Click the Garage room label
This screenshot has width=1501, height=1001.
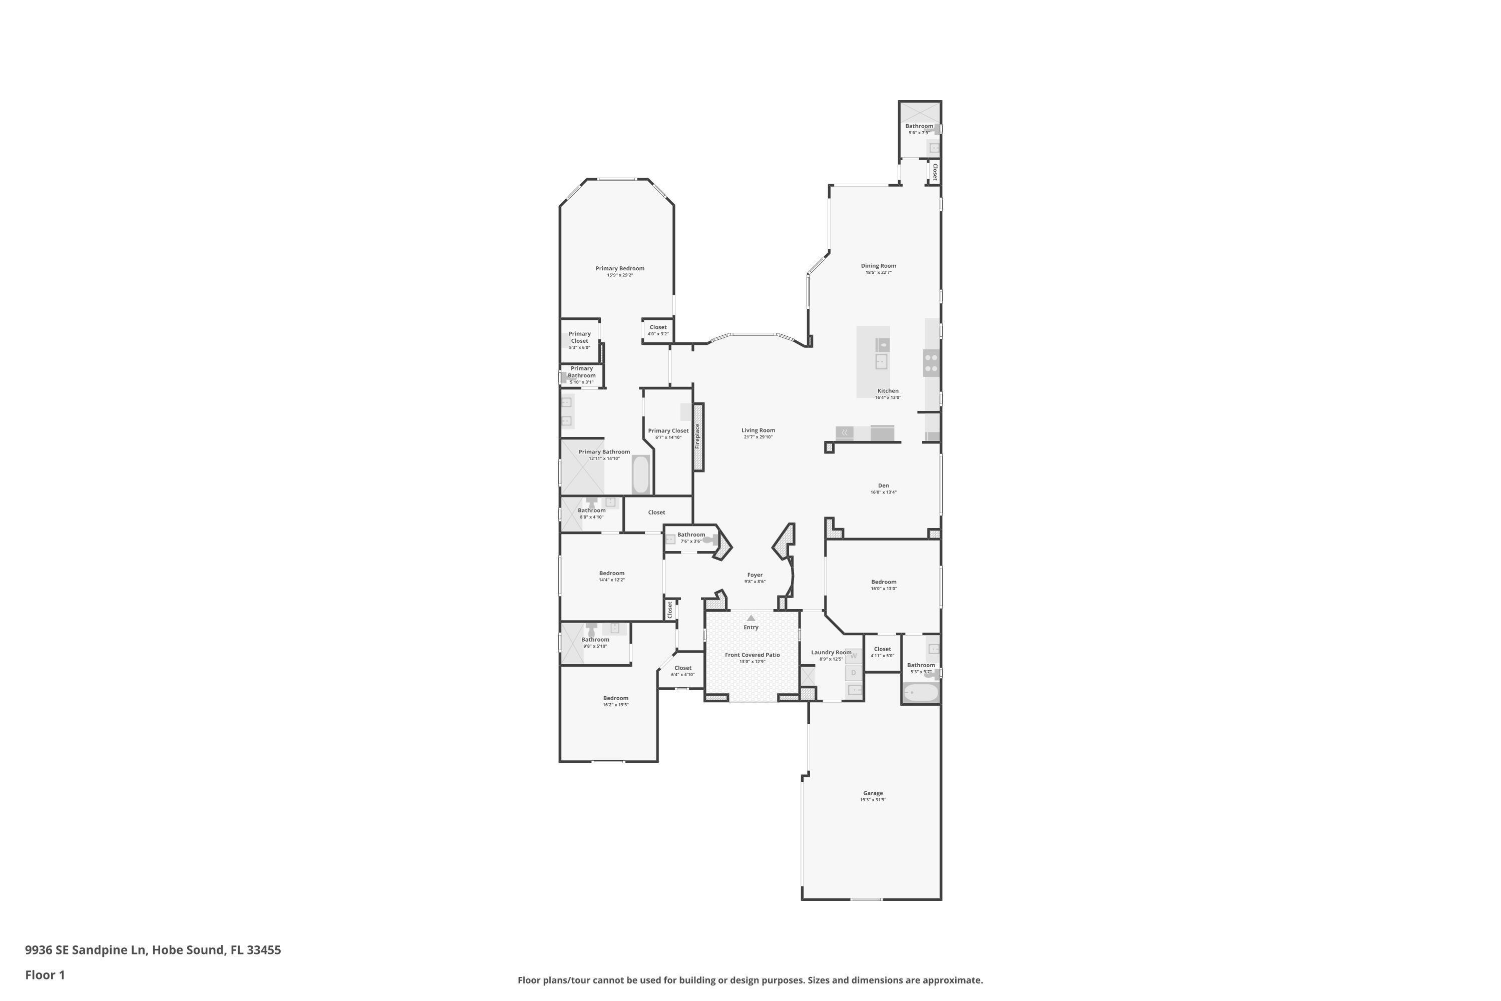pyautogui.click(x=873, y=793)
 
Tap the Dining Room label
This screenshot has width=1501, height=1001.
pyautogui.click(x=878, y=266)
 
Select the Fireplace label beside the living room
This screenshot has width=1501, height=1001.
pyautogui.click(x=697, y=436)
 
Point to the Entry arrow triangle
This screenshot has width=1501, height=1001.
pyautogui.click(x=751, y=618)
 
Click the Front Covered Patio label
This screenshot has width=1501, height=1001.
pyautogui.click(x=752, y=655)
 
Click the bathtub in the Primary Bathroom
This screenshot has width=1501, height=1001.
pyautogui.click(x=641, y=474)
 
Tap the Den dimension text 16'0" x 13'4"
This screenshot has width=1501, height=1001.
pyautogui.click(x=883, y=492)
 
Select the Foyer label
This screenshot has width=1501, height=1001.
pyautogui.click(x=755, y=575)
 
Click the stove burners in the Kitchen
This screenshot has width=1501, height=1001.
pyautogui.click(x=931, y=362)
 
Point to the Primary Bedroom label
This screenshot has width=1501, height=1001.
pyautogui.click(x=620, y=268)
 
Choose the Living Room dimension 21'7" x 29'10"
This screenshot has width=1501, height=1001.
pyautogui.click(x=758, y=437)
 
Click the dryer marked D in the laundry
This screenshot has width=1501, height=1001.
pyautogui.click(x=853, y=673)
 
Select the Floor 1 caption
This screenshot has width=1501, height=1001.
pyautogui.click(x=45, y=975)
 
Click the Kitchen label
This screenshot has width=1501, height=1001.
pyautogui.click(x=888, y=391)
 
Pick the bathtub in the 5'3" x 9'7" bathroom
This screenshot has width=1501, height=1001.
pyautogui.click(x=920, y=693)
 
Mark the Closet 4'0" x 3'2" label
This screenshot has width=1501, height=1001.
pyautogui.click(x=657, y=327)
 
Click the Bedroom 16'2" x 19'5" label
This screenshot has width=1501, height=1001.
pyautogui.click(x=615, y=698)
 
